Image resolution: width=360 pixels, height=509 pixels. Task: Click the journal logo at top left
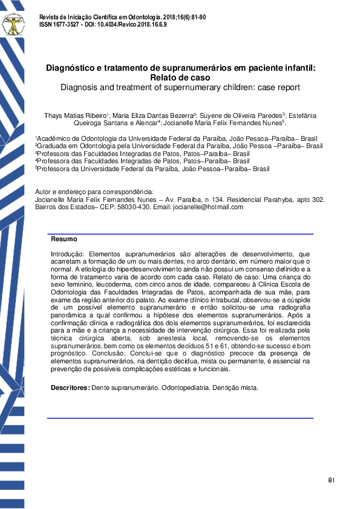point(13,24)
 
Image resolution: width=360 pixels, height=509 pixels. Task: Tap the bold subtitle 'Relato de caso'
point(180,78)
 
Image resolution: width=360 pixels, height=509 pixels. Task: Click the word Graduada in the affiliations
point(54,146)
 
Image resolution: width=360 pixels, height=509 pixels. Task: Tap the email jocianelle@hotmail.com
point(209,207)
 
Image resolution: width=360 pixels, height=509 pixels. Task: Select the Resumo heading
point(64,239)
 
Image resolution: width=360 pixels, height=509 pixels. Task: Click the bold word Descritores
point(70,387)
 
